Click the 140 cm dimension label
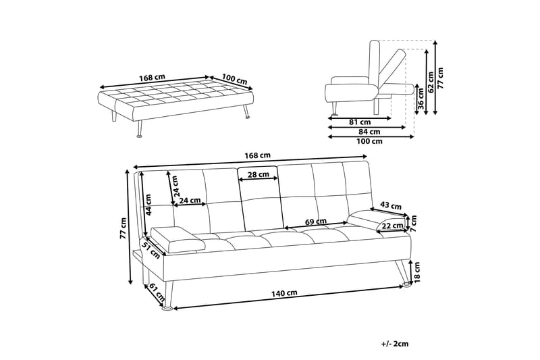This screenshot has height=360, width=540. (x=284, y=292)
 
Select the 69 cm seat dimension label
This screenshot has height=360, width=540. (x=317, y=221)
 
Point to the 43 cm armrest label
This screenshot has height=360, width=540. (x=391, y=205)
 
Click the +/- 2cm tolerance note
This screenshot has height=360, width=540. (x=395, y=344)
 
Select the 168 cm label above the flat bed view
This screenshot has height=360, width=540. (x=153, y=76)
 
